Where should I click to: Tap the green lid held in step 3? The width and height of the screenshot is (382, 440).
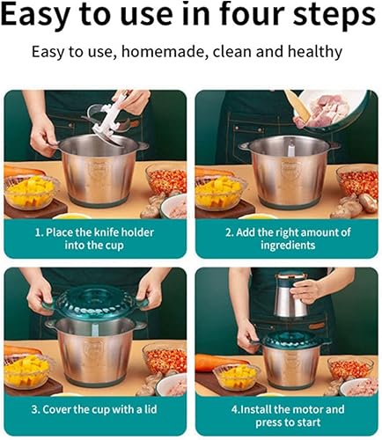pos(95,303)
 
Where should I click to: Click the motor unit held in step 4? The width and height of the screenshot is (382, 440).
pos(291,295)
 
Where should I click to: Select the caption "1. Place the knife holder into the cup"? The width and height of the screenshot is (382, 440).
pos(94,238)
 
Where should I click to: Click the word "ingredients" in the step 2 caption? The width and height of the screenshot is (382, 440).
pos(288,245)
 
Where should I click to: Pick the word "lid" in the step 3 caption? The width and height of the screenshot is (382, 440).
pos(151,409)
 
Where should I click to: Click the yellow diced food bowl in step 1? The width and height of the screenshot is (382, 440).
pos(30,192)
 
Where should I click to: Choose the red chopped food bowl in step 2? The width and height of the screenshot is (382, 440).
pos(357,181)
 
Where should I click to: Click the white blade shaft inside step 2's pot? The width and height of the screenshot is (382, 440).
pos(290,149)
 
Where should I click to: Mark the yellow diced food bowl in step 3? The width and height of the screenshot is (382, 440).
pos(28,370)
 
